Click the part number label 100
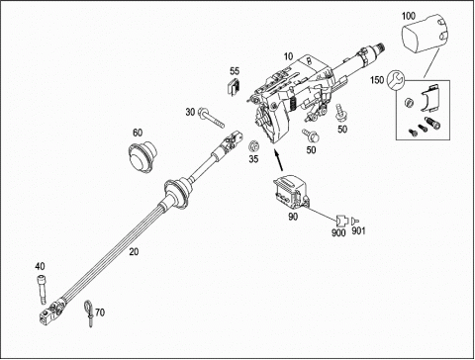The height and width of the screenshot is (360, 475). tap(409, 16)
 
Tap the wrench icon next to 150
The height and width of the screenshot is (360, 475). tap(395, 80)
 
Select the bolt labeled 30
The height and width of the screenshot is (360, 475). tap(211, 119)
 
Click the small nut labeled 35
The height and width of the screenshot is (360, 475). tap(253, 145)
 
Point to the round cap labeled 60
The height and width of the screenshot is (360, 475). tap(142, 154)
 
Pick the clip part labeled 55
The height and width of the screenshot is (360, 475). tap(235, 87)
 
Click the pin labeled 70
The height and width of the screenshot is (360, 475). tap(88, 313)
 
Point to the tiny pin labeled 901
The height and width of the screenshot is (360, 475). tap(355, 221)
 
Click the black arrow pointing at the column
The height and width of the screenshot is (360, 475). tap(278, 160)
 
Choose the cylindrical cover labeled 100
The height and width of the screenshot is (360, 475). tap(425, 33)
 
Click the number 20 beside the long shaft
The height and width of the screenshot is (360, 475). tap(134, 252)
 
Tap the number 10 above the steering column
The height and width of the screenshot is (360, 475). tap(288, 56)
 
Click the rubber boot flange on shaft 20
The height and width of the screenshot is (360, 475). tap(177, 194)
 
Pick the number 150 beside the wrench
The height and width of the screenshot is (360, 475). tap(377, 80)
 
